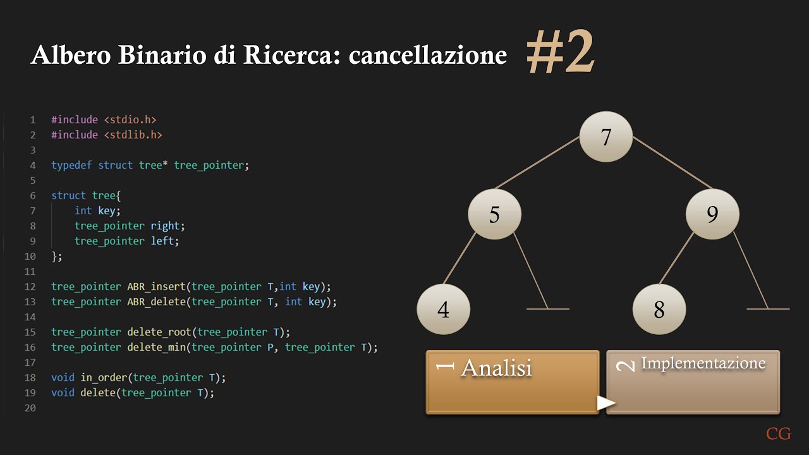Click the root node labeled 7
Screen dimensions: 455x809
point(606,137)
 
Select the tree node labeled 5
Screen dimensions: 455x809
point(494,215)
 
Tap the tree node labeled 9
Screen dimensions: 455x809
point(712,215)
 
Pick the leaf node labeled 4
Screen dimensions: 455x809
point(443,310)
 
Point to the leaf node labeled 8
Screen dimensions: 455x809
point(659,310)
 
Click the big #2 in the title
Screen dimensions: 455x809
point(561,54)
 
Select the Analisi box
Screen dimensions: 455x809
point(513,382)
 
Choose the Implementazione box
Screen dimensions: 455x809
point(693,382)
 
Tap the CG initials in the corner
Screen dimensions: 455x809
point(779,434)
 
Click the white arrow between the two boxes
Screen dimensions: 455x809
point(606,403)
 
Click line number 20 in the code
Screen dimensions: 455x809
point(30,408)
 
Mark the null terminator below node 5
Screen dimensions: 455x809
point(548,308)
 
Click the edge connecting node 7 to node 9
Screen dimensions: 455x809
point(672,162)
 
